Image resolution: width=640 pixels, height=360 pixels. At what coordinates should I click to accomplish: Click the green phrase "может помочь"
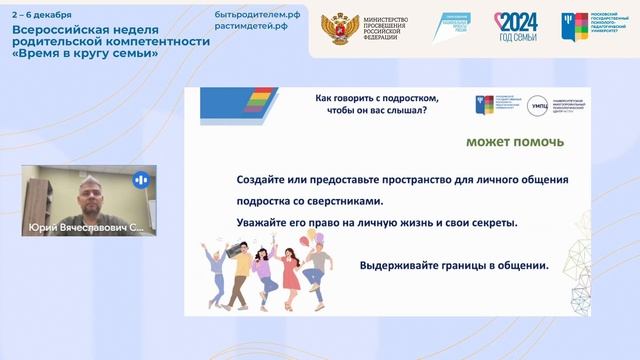click(514, 142)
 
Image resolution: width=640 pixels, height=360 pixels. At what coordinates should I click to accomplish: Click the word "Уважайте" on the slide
click(260, 222)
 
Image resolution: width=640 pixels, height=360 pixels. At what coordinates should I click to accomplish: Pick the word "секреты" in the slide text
click(492, 222)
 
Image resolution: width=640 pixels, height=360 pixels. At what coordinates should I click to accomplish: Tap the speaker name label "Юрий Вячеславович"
click(80, 228)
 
